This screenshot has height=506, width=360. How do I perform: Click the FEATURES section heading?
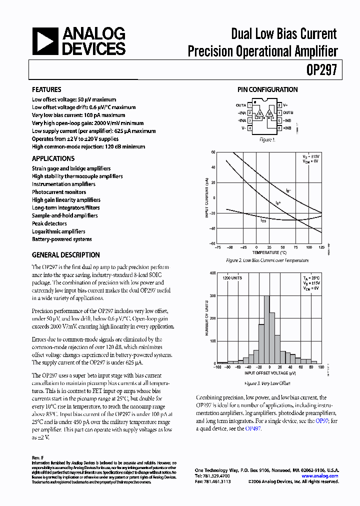click(x=46, y=90)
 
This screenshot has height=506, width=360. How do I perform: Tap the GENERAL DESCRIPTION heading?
click(x=65, y=255)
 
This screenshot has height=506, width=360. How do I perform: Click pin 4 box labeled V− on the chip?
click(x=250, y=128)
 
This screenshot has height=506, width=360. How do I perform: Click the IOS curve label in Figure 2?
click(x=263, y=220)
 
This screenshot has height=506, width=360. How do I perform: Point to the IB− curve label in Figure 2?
click(x=288, y=190)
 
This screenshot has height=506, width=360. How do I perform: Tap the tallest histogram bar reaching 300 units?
click(x=266, y=330)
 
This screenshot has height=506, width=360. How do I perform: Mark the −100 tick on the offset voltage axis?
click(x=216, y=367)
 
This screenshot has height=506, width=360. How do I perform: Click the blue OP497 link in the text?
click(x=253, y=428)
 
